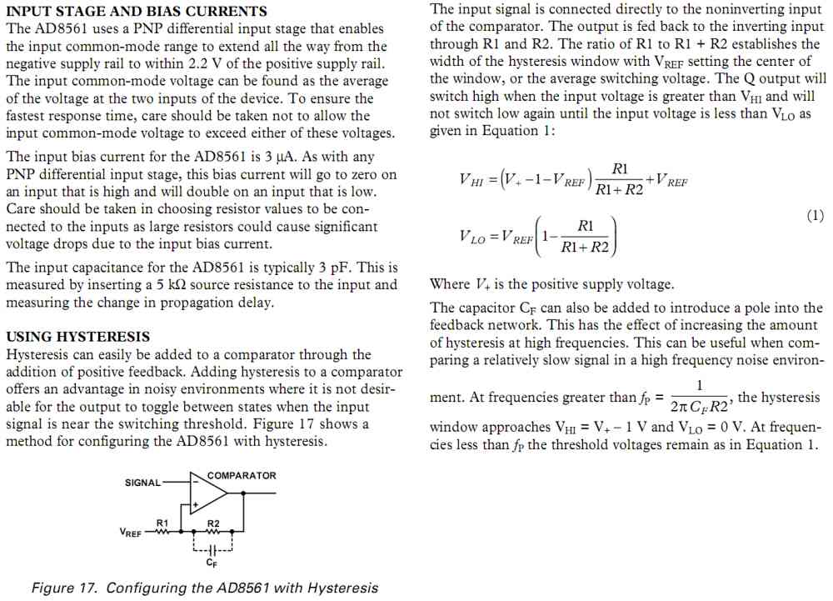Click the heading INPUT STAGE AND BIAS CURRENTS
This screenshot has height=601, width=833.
point(137,11)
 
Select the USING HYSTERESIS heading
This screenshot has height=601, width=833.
point(78,337)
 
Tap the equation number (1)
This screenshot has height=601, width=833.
point(816,216)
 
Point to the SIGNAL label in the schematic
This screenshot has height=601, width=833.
point(143,483)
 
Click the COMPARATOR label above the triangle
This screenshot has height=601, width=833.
point(242,475)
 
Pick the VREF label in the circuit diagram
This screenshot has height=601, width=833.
point(130,532)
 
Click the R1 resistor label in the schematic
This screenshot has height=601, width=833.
point(162,523)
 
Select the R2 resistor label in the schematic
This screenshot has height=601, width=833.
point(213,523)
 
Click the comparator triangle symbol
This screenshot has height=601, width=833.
point(207,493)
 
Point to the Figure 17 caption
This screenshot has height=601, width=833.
point(205,588)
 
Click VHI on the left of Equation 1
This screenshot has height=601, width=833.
point(471,180)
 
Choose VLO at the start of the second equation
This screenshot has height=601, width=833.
point(471,236)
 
